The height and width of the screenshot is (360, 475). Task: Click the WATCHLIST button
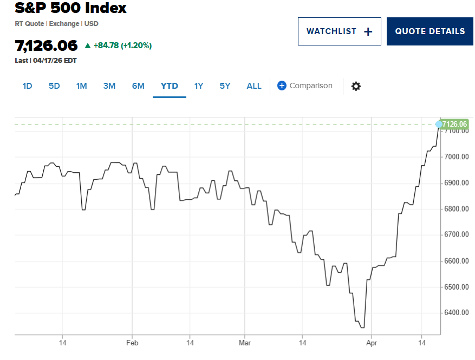339,31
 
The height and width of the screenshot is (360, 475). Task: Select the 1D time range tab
28,86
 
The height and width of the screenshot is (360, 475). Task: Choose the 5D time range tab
54,86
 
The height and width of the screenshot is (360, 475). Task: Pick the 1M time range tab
81,86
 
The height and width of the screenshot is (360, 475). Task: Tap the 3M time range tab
109,86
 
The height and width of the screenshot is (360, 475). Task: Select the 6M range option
138,86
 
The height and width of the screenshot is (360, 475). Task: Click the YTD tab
169,86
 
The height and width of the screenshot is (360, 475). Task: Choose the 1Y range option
199,86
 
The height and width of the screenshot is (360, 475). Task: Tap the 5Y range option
225,86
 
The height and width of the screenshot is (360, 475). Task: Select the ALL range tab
253,86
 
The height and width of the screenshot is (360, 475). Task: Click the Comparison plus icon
282,86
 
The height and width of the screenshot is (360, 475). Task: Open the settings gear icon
356,86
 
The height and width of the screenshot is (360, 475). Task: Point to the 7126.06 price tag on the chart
454,124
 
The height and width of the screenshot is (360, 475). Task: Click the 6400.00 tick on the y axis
456,313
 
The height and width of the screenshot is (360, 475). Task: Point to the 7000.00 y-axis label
456,157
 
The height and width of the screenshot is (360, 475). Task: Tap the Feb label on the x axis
132,343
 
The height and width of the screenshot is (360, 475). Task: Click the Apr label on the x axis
371,343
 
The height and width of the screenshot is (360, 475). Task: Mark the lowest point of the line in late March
362,328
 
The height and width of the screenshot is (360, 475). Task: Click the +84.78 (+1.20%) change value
122,45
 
